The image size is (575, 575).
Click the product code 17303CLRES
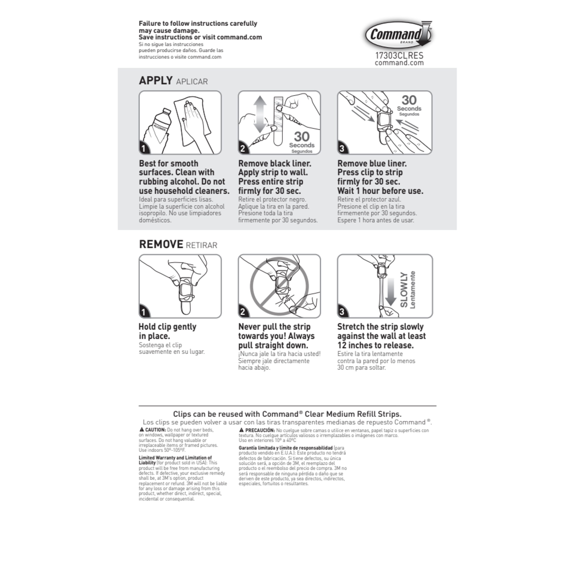(x=399, y=56)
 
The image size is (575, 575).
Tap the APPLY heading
(x=156, y=81)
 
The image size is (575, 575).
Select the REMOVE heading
(x=161, y=244)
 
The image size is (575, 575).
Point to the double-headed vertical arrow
(x=260, y=114)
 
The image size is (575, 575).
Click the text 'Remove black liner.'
(x=274, y=163)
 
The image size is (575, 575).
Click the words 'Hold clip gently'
(x=167, y=327)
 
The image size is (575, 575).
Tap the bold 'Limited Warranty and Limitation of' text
(x=175, y=458)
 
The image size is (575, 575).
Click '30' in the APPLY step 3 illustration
(x=409, y=100)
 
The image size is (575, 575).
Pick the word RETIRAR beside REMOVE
(x=201, y=245)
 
